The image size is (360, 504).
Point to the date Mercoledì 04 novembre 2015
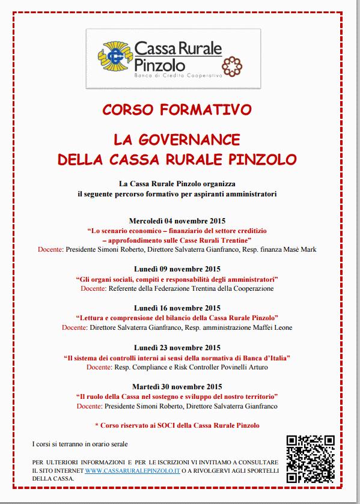click(177, 221)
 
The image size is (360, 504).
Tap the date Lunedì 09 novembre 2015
click(177, 269)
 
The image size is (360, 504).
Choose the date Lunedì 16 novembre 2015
click(177, 308)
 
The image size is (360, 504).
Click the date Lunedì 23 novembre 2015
click(177, 348)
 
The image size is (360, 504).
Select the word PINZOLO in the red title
click(267, 159)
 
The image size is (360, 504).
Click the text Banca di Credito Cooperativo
click(178, 76)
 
